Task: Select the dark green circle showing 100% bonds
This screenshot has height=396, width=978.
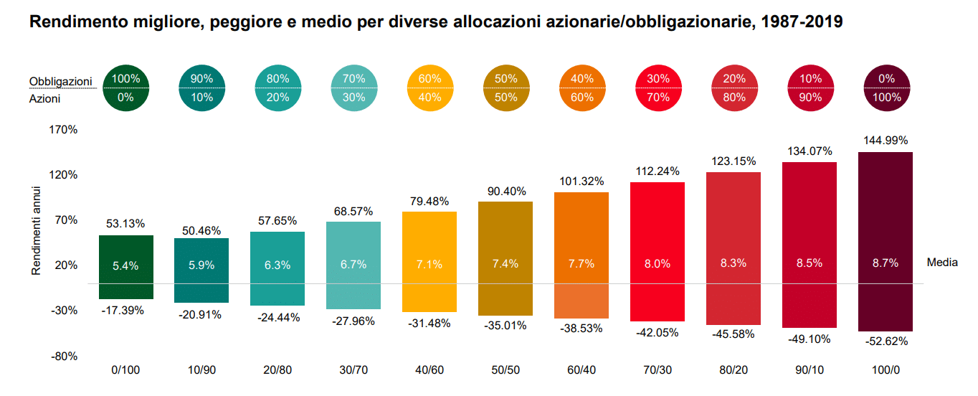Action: (x=126, y=88)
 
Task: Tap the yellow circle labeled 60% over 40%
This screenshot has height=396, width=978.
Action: (x=429, y=88)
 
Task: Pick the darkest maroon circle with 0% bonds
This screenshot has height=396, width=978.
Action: (x=886, y=88)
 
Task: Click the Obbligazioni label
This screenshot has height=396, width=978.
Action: (x=61, y=81)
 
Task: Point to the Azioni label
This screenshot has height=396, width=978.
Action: (x=44, y=99)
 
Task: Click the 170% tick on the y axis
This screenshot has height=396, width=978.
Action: (x=62, y=130)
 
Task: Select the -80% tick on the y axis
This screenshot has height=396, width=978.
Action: (x=62, y=357)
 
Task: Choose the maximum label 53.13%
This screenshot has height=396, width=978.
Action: (x=126, y=223)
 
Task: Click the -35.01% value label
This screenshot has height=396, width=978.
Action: (x=505, y=325)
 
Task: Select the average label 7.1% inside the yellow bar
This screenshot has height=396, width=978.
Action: (x=429, y=264)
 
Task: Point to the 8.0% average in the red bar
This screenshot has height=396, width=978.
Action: (x=657, y=264)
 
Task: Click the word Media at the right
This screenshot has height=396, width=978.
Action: (x=941, y=263)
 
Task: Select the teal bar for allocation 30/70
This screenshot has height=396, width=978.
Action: (x=353, y=244)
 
